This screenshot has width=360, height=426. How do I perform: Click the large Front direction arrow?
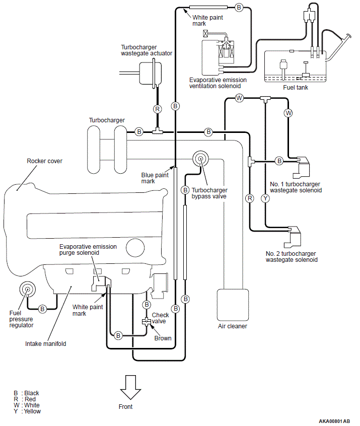[130, 387]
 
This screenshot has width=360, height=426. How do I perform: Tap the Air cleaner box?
[233, 305]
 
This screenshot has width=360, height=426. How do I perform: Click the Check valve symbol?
[147, 322]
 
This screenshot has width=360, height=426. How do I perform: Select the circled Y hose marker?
[265, 198]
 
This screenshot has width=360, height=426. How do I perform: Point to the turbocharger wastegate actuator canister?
[150, 73]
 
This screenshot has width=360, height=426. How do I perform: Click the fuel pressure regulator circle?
[27, 290]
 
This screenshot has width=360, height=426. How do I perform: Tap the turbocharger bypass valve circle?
[200, 159]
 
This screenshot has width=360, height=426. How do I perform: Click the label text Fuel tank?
[296, 88]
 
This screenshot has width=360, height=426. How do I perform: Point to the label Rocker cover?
[44, 161]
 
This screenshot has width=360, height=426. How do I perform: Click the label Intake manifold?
[46, 344]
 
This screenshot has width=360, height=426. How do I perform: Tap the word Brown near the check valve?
[163, 338]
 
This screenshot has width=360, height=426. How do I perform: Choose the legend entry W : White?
[27, 405]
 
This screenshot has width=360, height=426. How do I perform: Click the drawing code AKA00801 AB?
[334, 421]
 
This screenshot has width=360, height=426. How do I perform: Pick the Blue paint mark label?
[155, 178]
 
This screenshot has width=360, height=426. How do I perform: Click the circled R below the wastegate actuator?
[157, 109]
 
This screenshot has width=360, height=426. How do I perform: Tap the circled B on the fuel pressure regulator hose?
[42, 309]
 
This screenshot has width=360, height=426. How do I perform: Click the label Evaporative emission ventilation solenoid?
[218, 83]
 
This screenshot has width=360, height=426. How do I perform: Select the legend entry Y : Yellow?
[27, 411]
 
